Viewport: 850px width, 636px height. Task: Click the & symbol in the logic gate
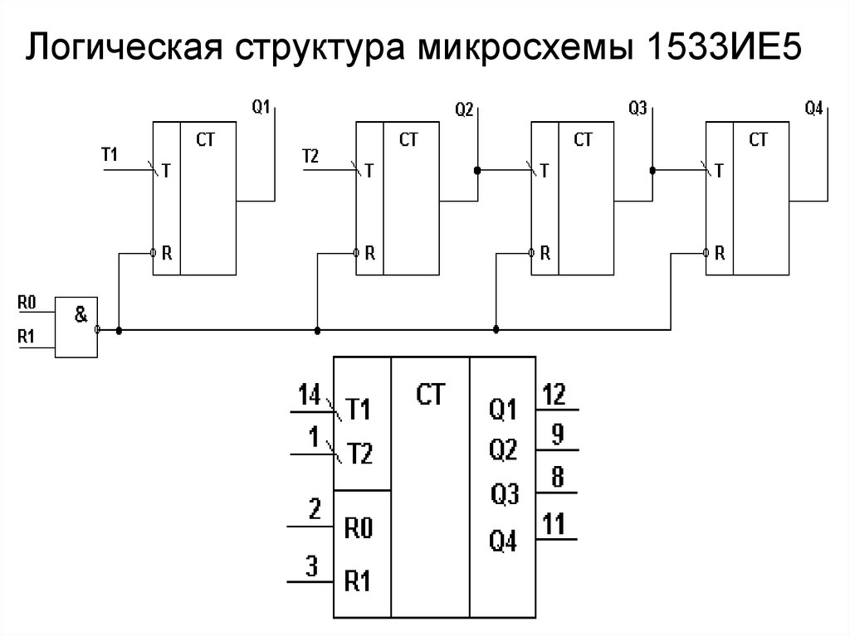[81, 315]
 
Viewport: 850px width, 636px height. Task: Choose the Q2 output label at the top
[464, 108]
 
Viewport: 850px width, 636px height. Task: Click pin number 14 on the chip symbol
[309, 396]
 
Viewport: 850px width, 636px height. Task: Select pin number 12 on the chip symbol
[554, 395]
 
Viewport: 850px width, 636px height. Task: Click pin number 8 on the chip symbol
[558, 477]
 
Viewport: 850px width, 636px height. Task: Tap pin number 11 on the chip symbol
[554, 524]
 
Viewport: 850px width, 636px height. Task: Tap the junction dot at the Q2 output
[477, 170]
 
